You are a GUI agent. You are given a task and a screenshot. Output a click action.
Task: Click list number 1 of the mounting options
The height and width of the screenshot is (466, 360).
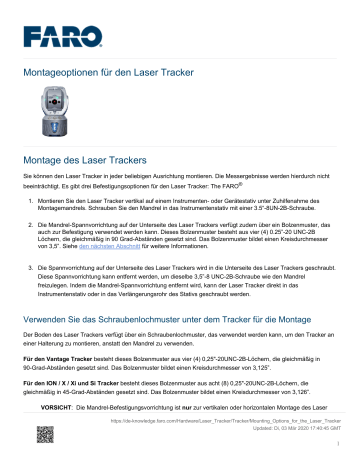(x=37, y=203)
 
